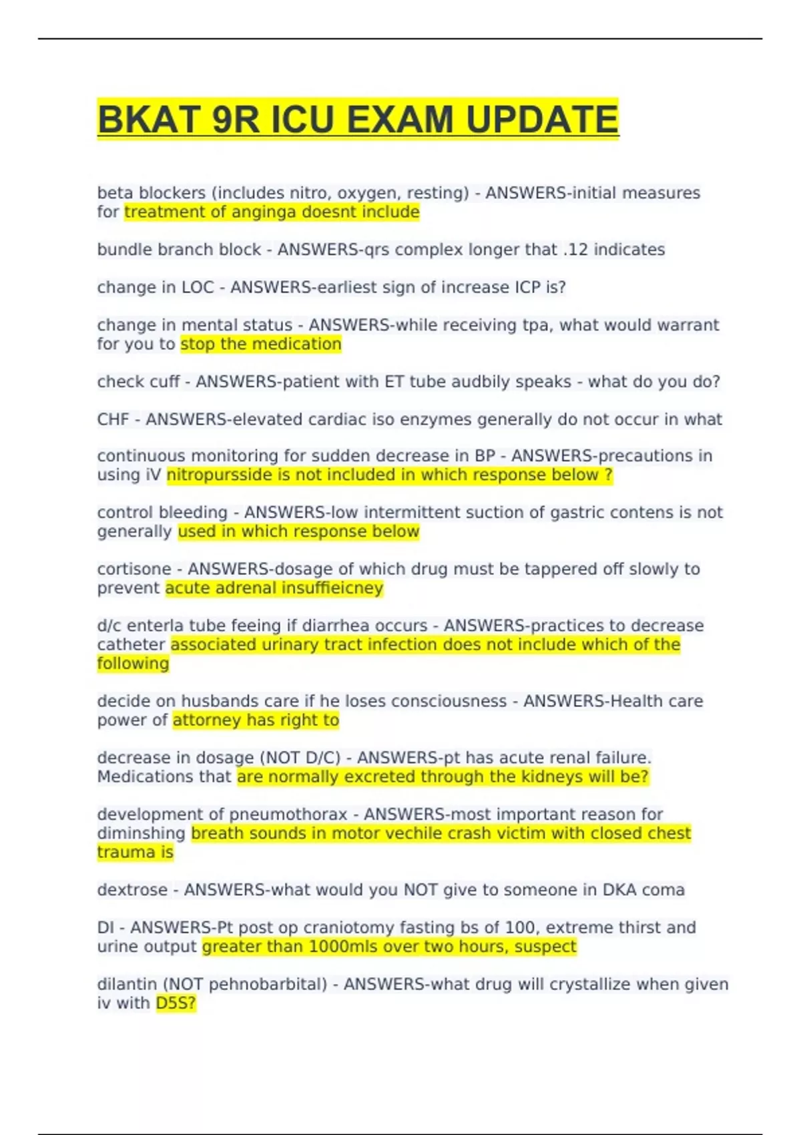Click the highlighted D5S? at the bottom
click(x=176, y=1003)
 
